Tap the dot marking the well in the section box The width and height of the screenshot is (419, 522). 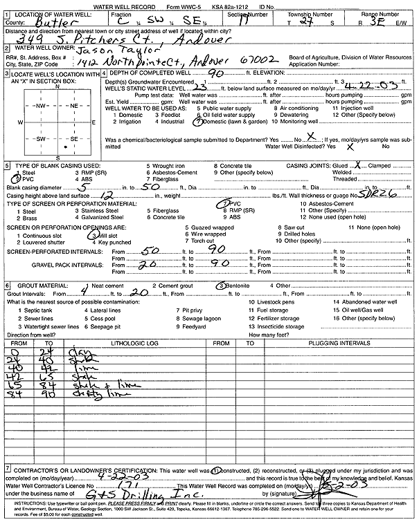click(64, 147)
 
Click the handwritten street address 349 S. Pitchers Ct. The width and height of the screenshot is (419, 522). click(83, 39)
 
